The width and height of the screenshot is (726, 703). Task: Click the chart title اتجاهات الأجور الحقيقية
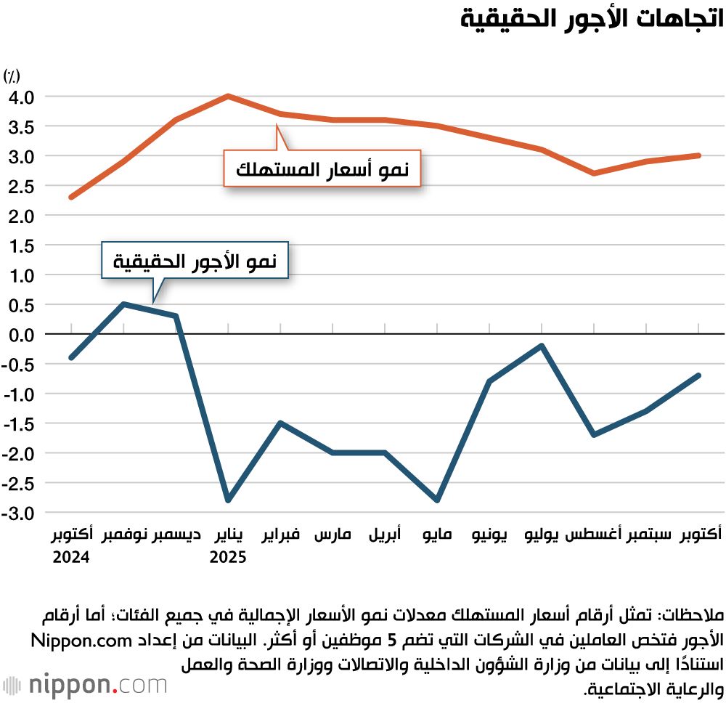click(592, 20)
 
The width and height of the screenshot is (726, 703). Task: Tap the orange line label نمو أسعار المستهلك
click(322, 170)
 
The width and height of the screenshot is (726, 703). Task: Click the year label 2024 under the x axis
click(70, 558)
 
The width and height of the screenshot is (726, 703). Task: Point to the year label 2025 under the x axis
click(228, 558)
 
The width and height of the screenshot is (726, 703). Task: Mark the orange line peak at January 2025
click(228, 96)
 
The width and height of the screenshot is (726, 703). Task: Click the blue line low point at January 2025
click(228, 501)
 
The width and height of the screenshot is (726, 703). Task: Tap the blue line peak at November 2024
click(123, 304)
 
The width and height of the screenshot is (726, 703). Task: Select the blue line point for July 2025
click(542, 346)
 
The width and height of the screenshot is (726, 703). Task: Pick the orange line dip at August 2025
click(594, 173)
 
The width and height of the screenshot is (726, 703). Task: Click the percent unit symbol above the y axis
click(12, 75)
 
